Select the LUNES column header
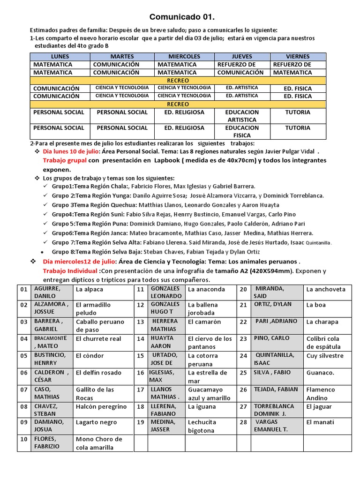pyautogui.click(x=60, y=56)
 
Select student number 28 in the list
pyautogui.click(x=243, y=422)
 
